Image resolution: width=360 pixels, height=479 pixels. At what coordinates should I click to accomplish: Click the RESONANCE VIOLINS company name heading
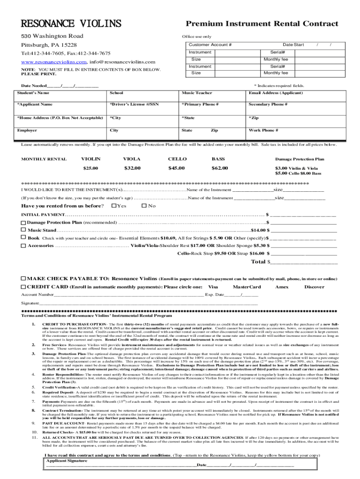tap(70, 23)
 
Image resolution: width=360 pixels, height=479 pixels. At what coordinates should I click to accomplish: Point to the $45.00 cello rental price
tap(176, 168)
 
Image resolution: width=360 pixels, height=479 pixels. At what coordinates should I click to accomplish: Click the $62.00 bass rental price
tap(219, 168)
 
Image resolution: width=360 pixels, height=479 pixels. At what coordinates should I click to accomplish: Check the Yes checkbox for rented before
tap(114, 206)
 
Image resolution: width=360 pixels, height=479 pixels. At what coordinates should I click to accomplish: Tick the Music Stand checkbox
tap(23, 230)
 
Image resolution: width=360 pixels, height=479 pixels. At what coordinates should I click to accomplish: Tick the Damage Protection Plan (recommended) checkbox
tap(23, 222)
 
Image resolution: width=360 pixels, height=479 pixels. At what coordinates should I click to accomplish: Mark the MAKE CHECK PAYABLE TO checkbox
tap(23, 279)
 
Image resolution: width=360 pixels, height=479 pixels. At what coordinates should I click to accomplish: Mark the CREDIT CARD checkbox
tap(23, 286)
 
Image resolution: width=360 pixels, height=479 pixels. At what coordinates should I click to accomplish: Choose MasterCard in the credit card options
tap(246, 287)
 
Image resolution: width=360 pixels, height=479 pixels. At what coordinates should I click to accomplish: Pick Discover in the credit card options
tap(314, 287)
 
